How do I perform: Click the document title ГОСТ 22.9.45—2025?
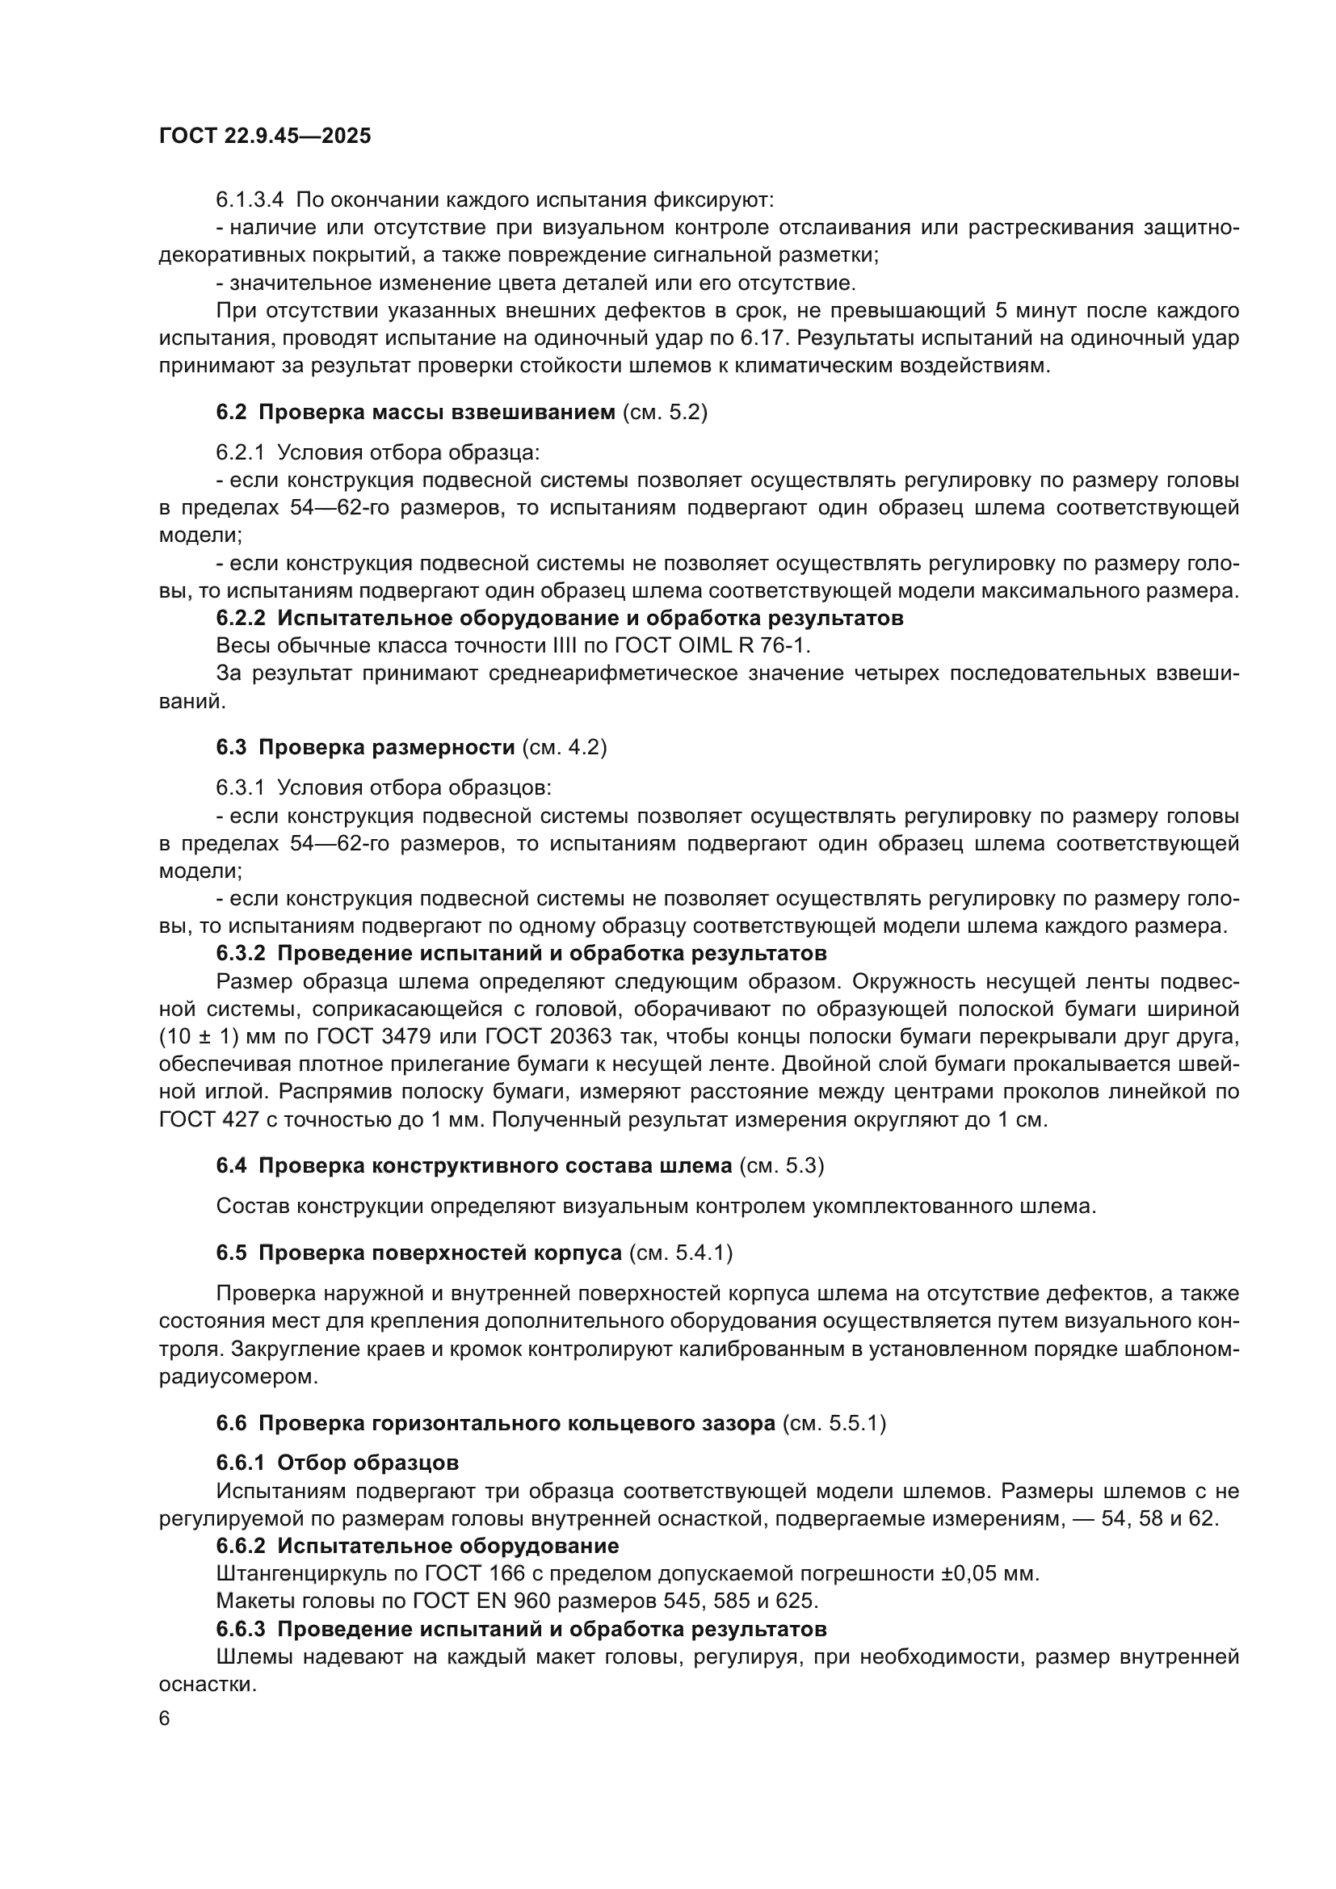pyautogui.click(x=265, y=136)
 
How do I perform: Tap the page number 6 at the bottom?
pyautogui.click(x=165, y=1719)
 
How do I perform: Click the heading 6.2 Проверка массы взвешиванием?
pyautogui.click(x=415, y=412)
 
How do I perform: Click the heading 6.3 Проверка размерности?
pyautogui.click(x=365, y=748)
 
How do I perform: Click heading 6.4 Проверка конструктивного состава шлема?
pyautogui.click(x=474, y=1166)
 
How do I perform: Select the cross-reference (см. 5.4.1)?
pyautogui.click(x=680, y=1253)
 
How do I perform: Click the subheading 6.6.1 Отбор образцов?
pyautogui.click(x=338, y=1463)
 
